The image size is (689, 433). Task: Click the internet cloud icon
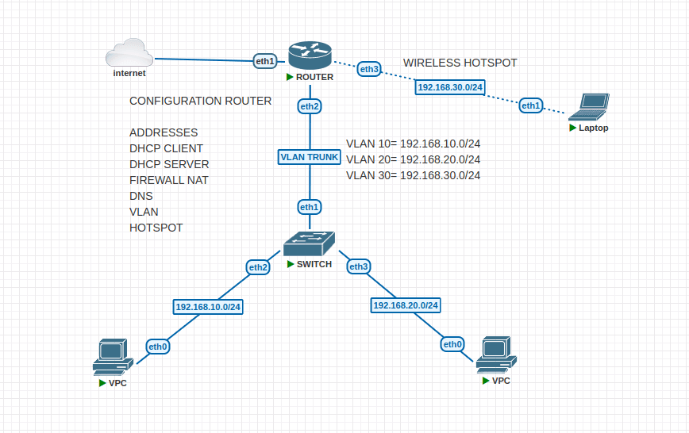pyautogui.click(x=129, y=55)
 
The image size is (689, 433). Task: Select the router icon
pyautogui.click(x=310, y=56)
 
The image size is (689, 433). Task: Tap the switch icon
pyautogui.click(x=310, y=243)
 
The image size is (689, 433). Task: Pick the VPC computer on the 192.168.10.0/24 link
pyautogui.click(x=110, y=357)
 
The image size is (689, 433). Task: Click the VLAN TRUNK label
pyautogui.click(x=310, y=157)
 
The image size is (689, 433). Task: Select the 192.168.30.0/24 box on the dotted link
pyautogui.click(x=449, y=87)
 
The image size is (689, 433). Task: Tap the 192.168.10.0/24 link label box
pyautogui.click(x=208, y=306)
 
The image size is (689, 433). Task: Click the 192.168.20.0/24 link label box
pyautogui.click(x=406, y=305)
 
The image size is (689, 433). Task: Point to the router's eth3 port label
pyautogui.click(x=369, y=69)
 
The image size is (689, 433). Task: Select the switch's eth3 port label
pyautogui.click(x=359, y=266)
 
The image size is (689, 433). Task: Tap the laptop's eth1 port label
pyautogui.click(x=531, y=105)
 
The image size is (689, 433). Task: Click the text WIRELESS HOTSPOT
pyautogui.click(x=460, y=63)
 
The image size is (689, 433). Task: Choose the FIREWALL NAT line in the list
pyautogui.click(x=168, y=180)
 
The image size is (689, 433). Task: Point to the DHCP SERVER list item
pyautogui.click(x=169, y=164)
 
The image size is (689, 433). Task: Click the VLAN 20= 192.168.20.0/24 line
pyautogui.click(x=413, y=159)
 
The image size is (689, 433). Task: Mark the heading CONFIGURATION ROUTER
pyautogui.click(x=200, y=101)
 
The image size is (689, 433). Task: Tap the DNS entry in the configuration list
pyautogui.click(x=141, y=196)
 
